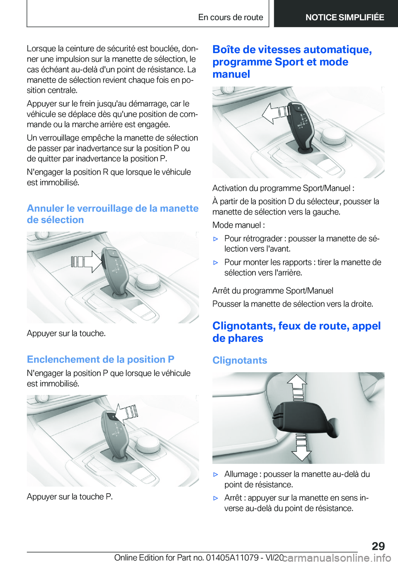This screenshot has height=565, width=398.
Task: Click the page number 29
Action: tap(378, 546)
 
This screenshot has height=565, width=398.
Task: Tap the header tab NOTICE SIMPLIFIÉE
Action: tap(345, 17)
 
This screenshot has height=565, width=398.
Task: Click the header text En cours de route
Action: tap(231, 17)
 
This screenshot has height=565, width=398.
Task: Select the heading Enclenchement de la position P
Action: tap(100, 359)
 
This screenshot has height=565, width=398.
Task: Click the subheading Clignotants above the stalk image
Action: tap(240, 360)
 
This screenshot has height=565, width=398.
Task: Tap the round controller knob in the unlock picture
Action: tap(147, 281)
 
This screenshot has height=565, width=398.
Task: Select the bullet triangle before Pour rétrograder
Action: tap(216, 239)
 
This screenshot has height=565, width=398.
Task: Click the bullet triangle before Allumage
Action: tap(216, 474)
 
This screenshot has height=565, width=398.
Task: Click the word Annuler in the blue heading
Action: tap(45, 208)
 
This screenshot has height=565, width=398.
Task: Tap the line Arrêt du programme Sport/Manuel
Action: tap(272, 290)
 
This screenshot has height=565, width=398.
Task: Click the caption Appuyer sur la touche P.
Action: tap(70, 497)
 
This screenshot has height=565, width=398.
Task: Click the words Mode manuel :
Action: tap(238, 225)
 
